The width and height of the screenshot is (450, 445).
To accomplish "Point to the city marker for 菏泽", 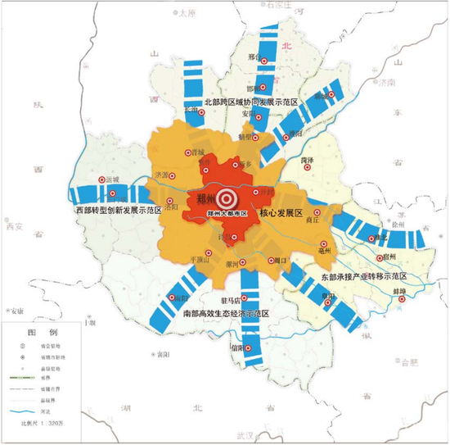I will coord(308,168).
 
